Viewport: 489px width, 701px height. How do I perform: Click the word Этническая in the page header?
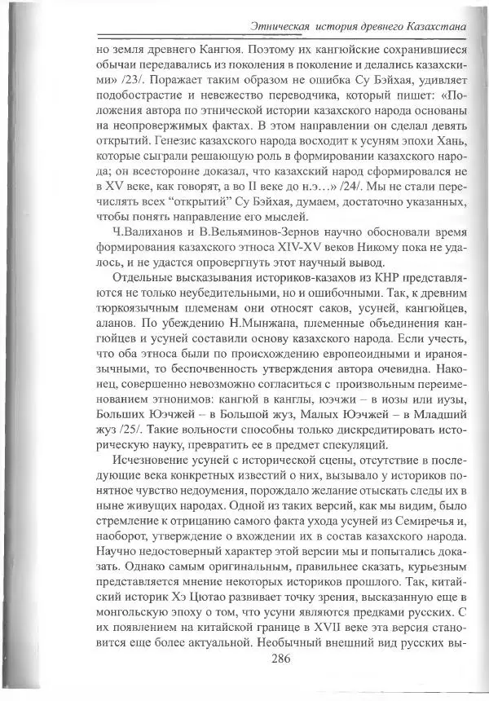pos(284,27)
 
